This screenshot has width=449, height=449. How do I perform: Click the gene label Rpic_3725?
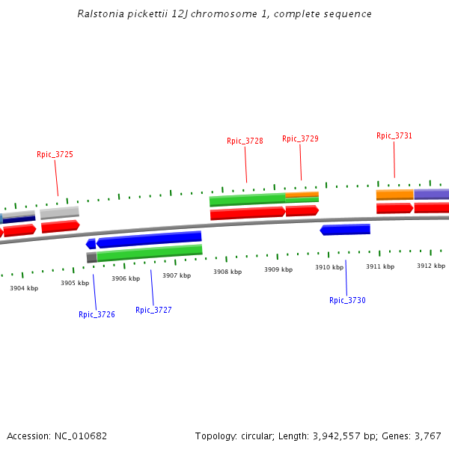(x=55, y=154)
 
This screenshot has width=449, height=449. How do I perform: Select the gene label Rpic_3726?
(x=97, y=314)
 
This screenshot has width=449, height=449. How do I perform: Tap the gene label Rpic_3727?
(x=153, y=310)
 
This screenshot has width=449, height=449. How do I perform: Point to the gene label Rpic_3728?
(x=245, y=141)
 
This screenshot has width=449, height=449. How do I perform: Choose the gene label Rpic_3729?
(x=300, y=138)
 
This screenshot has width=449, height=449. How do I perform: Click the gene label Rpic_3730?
(x=347, y=300)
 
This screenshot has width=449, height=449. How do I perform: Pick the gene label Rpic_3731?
(x=394, y=135)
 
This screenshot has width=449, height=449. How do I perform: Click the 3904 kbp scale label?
(x=24, y=287)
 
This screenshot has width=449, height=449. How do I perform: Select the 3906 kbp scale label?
(x=126, y=278)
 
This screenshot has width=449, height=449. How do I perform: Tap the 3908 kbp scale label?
(x=227, y=272)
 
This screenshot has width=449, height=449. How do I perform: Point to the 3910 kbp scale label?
(x=329, y=267)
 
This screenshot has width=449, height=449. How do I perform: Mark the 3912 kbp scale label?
(x=431, y=266)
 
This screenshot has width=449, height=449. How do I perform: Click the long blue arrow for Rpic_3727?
(x=149, y=239)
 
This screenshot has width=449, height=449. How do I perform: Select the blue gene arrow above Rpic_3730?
(x=345, y=230)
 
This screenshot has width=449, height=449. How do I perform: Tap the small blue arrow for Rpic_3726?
(x=91, y=244)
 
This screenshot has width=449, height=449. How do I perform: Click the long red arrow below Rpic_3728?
(x=248, y=213)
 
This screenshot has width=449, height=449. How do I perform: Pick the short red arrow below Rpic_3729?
(x=302, y=210)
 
